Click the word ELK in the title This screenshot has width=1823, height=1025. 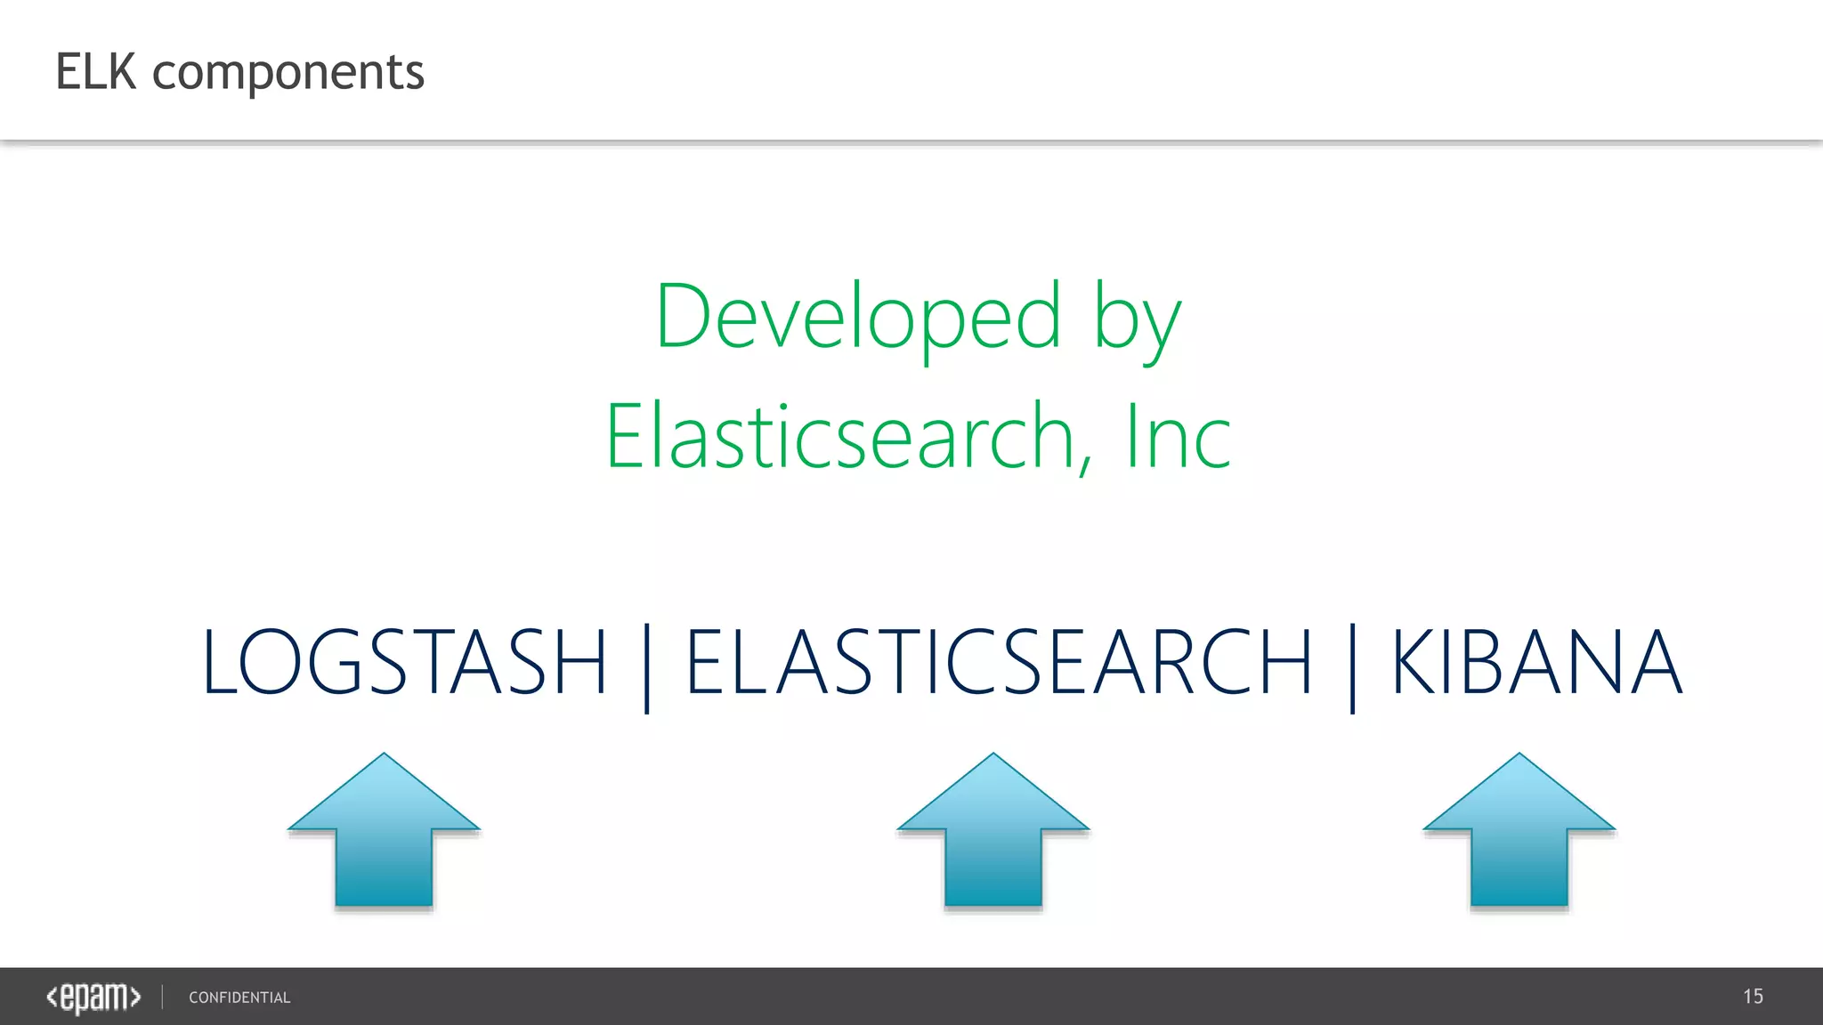coord(95,72)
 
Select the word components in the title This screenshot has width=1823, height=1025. coord(288,74)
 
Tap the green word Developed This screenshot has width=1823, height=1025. coord(858,317)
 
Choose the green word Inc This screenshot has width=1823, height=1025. coord(1178,437)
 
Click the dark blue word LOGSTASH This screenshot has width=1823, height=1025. coord(405,662)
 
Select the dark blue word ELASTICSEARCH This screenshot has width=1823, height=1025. coord(999,662)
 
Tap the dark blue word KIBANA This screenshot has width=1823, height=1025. coord(1536,662)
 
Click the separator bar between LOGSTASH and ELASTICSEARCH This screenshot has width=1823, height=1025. coord(647,667)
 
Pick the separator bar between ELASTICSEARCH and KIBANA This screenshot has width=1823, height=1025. coord(1352,667)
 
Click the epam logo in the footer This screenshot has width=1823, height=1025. coord(93,997)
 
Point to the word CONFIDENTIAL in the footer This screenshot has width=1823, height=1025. coord(239,998)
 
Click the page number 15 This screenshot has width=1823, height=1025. coord(1753,997)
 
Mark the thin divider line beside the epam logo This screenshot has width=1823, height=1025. coord(163,997)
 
